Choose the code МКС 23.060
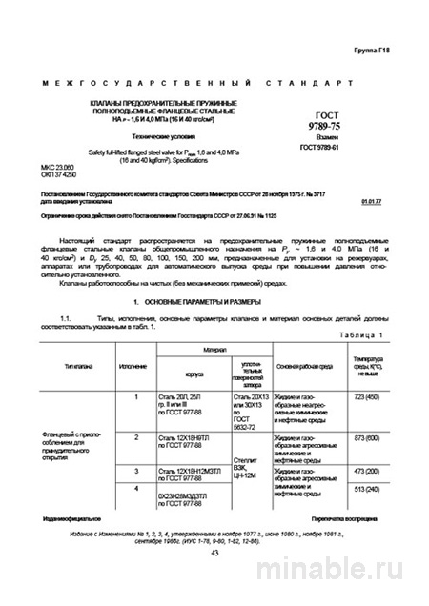(60, 175)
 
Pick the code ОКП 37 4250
(60, 183)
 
